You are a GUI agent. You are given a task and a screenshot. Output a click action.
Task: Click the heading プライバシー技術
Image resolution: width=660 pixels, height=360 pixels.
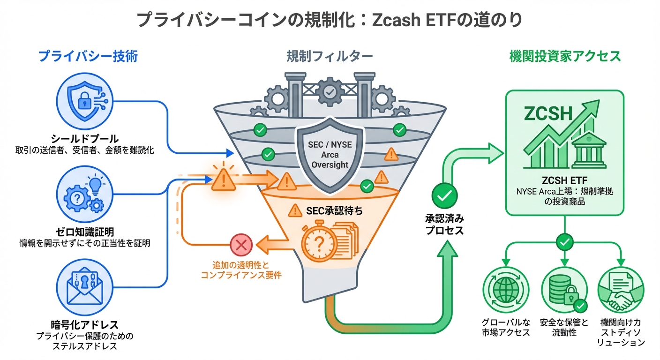(x=88, y=57)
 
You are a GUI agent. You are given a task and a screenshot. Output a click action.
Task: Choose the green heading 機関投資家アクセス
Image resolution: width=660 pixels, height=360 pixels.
(x=565, y=57)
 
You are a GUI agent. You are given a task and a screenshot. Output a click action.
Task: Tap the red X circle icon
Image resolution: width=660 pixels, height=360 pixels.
(x=241, y=245)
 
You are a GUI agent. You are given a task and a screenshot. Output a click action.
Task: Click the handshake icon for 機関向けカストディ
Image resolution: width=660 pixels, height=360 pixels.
(x=622, y=292)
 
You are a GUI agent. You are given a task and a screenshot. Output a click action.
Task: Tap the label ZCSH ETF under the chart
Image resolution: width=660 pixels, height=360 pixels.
(x=564, y=180)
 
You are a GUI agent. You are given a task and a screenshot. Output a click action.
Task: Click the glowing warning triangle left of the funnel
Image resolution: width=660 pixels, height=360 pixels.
(x=224, y=180)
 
